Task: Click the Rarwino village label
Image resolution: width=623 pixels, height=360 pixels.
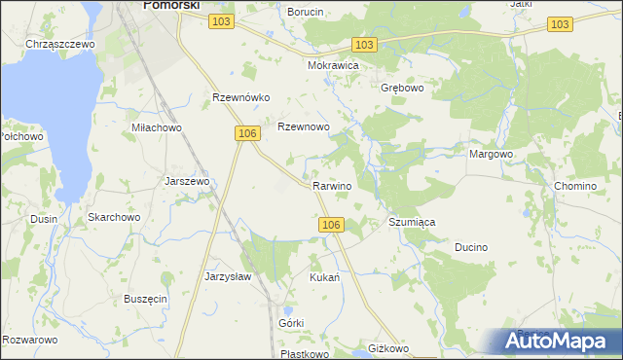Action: [x=332, y=186]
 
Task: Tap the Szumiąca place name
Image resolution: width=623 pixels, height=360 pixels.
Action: [x=412, y=223]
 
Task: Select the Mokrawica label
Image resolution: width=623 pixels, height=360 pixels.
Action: [x=334, y=65]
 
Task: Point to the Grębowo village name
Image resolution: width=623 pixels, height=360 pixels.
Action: [x=400, y=87]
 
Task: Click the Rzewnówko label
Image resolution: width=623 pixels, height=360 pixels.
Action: [x=240, y=97]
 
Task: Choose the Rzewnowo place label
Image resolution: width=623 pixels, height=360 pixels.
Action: [x=305, y=127]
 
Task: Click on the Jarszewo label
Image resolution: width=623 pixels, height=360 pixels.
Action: [x=188, y=181]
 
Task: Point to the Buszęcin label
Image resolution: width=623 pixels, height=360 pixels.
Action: [x=145, y=299]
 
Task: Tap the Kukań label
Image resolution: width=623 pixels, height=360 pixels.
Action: [x=324, y=277]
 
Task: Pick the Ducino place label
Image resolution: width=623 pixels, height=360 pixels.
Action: [x=471, y=248]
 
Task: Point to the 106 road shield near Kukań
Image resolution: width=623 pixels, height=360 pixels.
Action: [x=331, y=225]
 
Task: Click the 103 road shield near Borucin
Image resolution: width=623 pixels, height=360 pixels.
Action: [x=221, y=21]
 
